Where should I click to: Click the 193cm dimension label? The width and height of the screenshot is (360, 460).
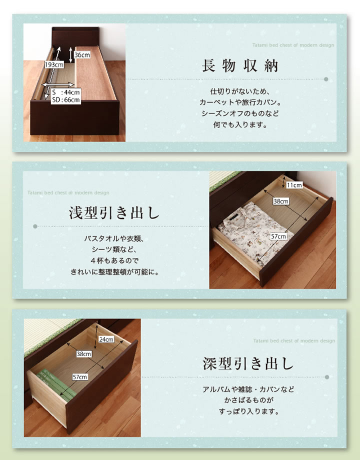54,64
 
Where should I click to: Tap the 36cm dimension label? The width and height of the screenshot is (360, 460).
82,55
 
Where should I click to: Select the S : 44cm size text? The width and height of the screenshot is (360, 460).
65,92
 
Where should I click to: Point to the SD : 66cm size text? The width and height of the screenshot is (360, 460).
65,99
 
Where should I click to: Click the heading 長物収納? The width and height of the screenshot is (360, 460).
239,65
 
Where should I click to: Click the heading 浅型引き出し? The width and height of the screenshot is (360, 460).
114,213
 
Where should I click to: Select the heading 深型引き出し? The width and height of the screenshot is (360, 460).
248,363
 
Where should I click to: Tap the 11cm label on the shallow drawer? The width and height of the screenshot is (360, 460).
294,185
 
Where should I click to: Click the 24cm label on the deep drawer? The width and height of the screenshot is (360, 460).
106,339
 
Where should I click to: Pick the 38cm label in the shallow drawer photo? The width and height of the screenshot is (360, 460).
281,201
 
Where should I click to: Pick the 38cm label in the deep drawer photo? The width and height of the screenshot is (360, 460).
84,354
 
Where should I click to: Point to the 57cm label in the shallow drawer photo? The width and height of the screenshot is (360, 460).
278,236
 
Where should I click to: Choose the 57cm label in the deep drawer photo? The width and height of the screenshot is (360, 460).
80,377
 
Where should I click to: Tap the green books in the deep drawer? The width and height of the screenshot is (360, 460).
55,385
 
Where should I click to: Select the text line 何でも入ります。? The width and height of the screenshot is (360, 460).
240,124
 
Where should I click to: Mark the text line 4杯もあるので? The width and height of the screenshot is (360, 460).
114,260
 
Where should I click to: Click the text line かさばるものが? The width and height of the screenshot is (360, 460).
248,400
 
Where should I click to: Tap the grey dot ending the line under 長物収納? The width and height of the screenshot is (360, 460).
326,79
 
